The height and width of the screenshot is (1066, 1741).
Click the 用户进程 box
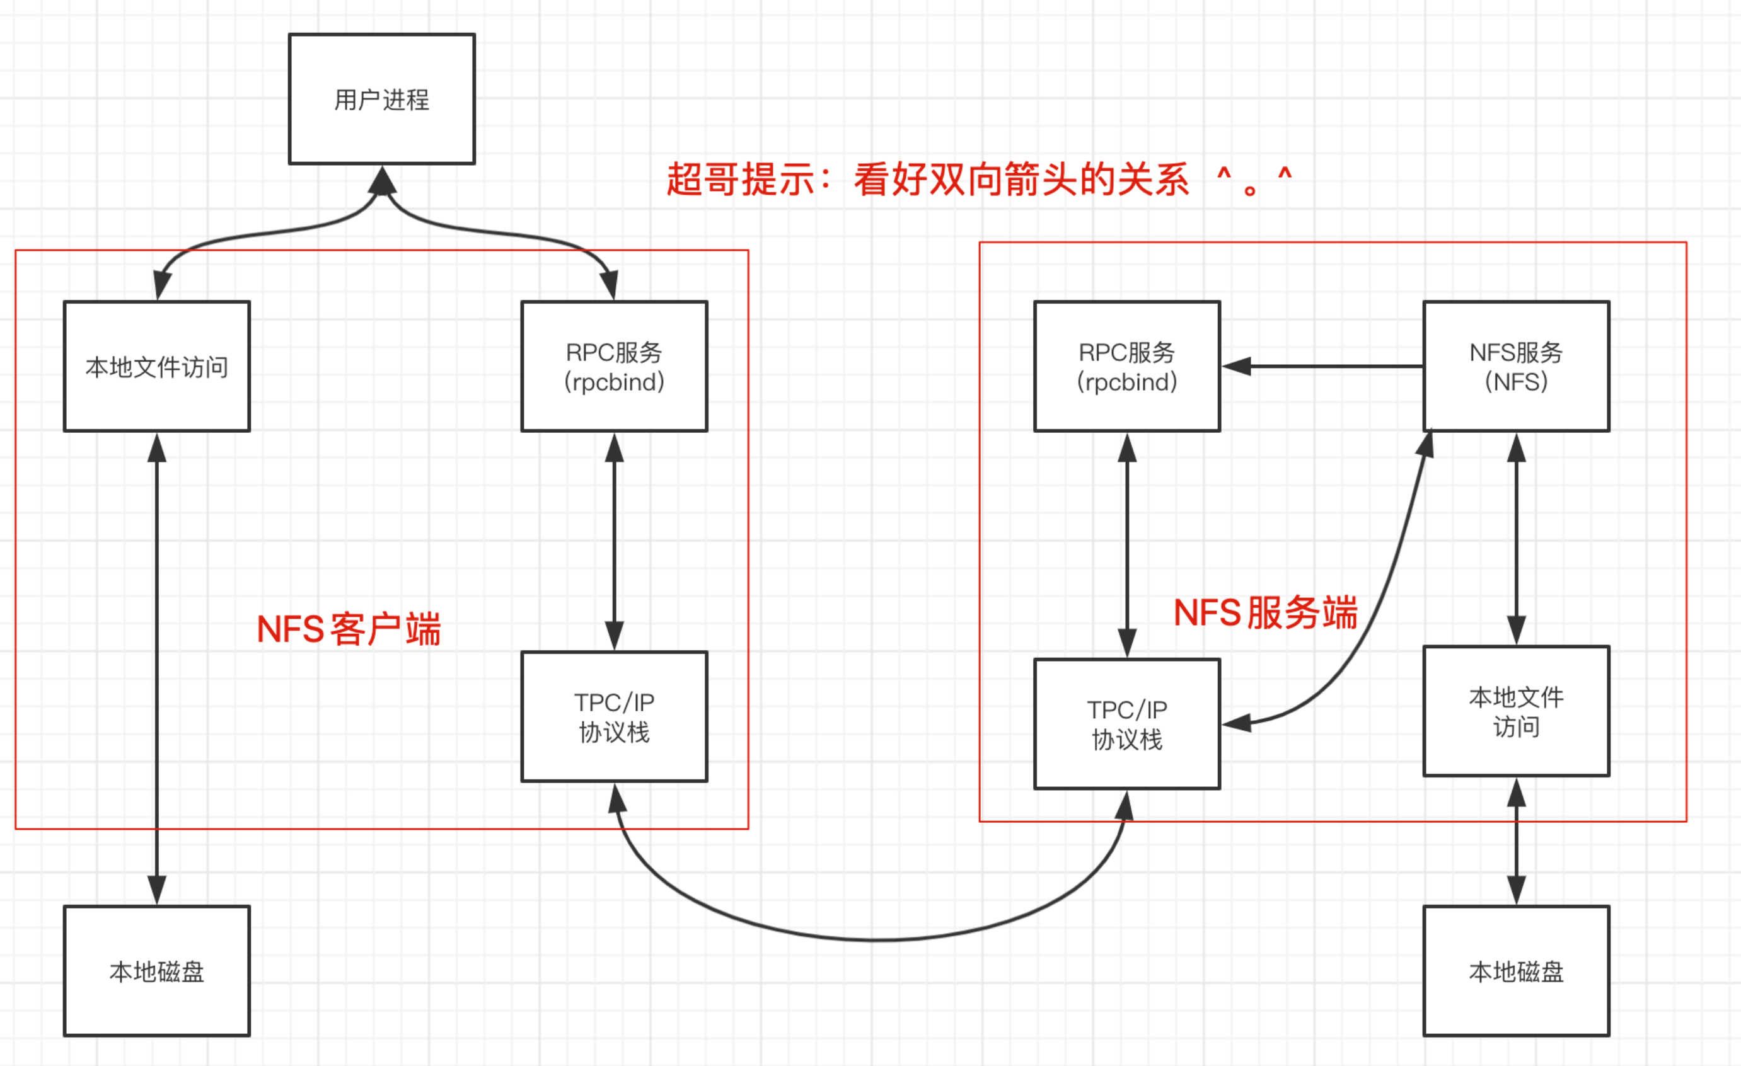coord(381,99)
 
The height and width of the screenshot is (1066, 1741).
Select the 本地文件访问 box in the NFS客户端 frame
coord(157,366)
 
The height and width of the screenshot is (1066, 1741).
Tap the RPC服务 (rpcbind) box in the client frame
coord(614,366)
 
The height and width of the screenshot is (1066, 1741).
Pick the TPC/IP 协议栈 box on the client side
coord(614,716)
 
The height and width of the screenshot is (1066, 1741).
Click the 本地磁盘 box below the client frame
coord(157,971)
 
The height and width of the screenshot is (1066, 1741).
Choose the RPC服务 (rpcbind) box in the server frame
coord(1127,366)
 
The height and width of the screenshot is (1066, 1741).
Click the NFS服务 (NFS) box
coord(1517,366)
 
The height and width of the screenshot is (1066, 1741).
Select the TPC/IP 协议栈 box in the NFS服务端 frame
coord(1127,723)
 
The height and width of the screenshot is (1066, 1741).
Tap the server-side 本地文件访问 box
coord(1517,711)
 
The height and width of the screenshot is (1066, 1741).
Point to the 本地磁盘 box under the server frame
coord(1517,971)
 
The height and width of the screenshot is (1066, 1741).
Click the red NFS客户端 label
coord(349,629)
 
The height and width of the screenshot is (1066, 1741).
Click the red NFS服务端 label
coord(1264,612)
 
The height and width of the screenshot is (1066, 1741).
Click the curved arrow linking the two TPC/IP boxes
coord(872,939)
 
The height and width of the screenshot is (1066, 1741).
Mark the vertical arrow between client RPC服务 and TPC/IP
coord(614,541)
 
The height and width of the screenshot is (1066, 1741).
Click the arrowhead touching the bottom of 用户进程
coord(382,180)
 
